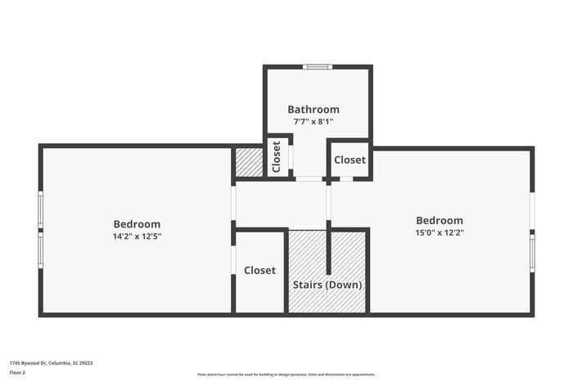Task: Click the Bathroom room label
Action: [x=313, y=109]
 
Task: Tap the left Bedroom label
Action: [x=137, y=224]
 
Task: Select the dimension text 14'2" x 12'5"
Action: [x=137, y=236]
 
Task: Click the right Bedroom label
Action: [x=440, y=220]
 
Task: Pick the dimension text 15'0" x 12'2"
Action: [x=440, y=233]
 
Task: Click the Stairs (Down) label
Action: [x=327, y=285]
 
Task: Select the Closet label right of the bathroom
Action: [x=350, y=160]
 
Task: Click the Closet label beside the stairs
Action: [x=259, y=270]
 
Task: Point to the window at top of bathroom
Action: [x=317, y=67]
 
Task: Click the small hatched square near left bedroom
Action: [x=249, y=162]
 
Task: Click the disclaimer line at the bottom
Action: [x=286, y=374]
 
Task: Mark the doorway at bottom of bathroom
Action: [x=309, y=178]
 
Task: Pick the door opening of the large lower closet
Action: [x=234, y=260]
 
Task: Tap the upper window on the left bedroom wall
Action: [x=40, y=210]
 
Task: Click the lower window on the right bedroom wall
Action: [x=532, y=253]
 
